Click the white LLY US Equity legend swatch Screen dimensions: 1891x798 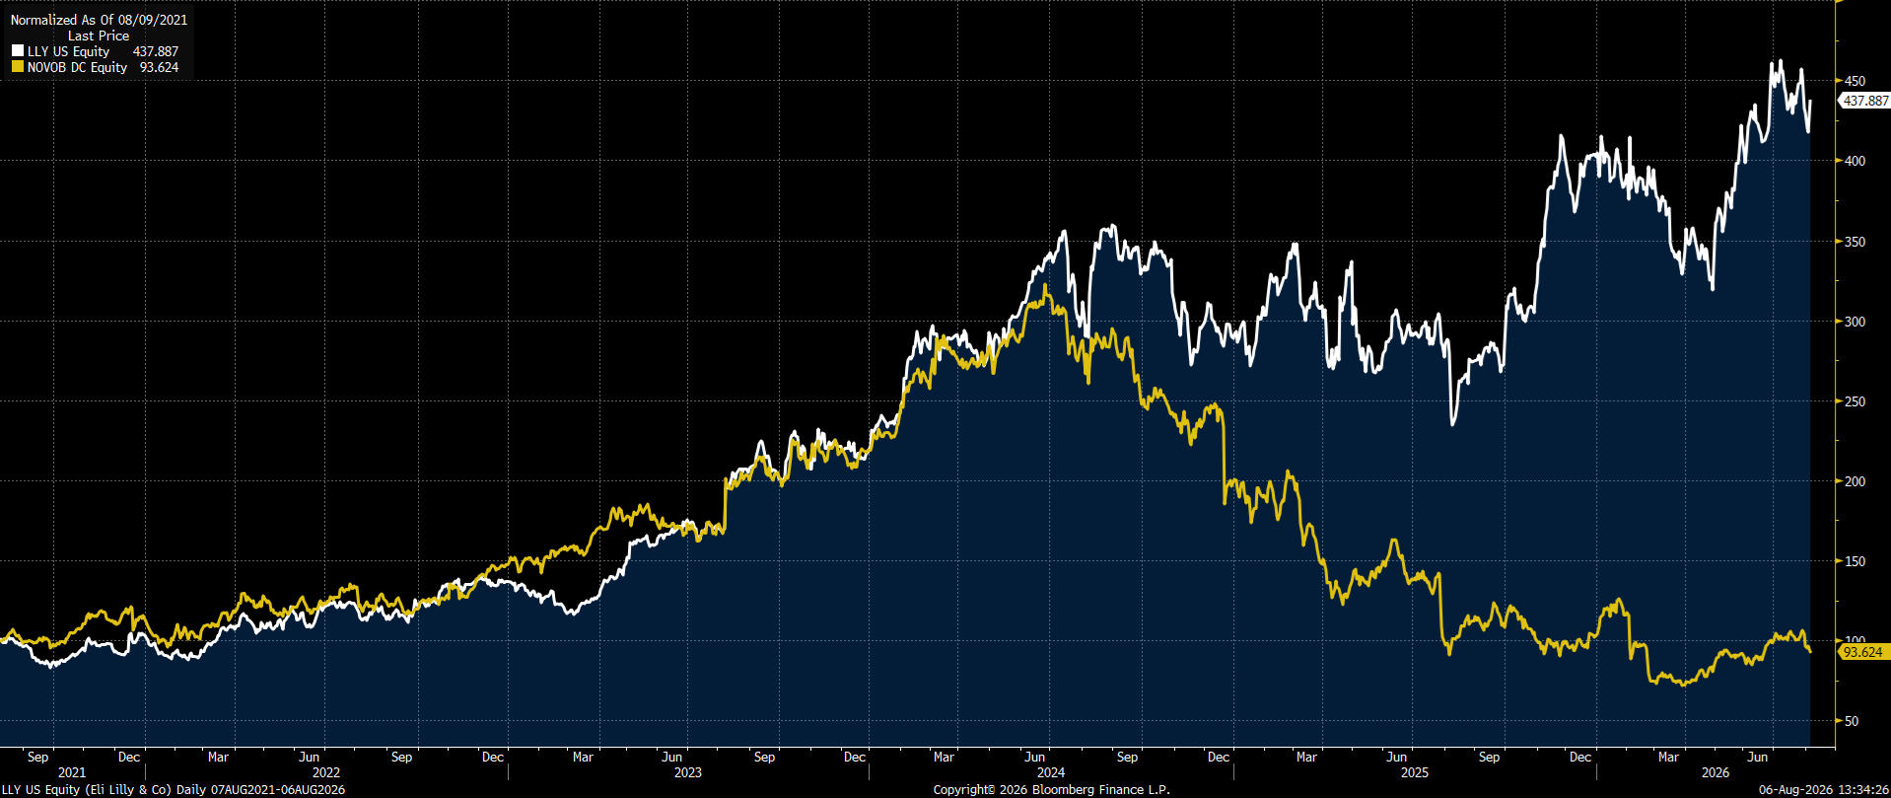tap(18, 51)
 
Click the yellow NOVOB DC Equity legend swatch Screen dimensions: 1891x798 tap(18, 67)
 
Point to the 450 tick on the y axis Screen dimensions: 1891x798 tap(1855, 81)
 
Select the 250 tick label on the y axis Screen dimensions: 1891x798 tap(1855, 401)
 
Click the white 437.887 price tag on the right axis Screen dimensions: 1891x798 tap(1865, 101)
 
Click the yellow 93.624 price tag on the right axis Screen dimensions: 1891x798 tap(1862, 652)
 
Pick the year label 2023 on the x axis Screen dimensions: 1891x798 tap(688, 772)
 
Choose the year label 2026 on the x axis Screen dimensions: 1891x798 tap(1716, 772)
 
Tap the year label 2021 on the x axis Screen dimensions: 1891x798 tap(72, 772)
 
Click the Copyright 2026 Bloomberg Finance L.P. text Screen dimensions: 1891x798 tap(1051, 790)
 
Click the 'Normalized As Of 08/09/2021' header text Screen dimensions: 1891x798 tap(99, 20)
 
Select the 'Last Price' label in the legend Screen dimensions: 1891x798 tap(99, 36)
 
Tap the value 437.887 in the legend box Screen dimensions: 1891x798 tap(156, 51)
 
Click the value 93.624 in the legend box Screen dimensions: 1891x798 tap(159, 67)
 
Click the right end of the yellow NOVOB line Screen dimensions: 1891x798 tap(1810, 651)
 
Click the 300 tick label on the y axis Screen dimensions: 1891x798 tap(1855, 322)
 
